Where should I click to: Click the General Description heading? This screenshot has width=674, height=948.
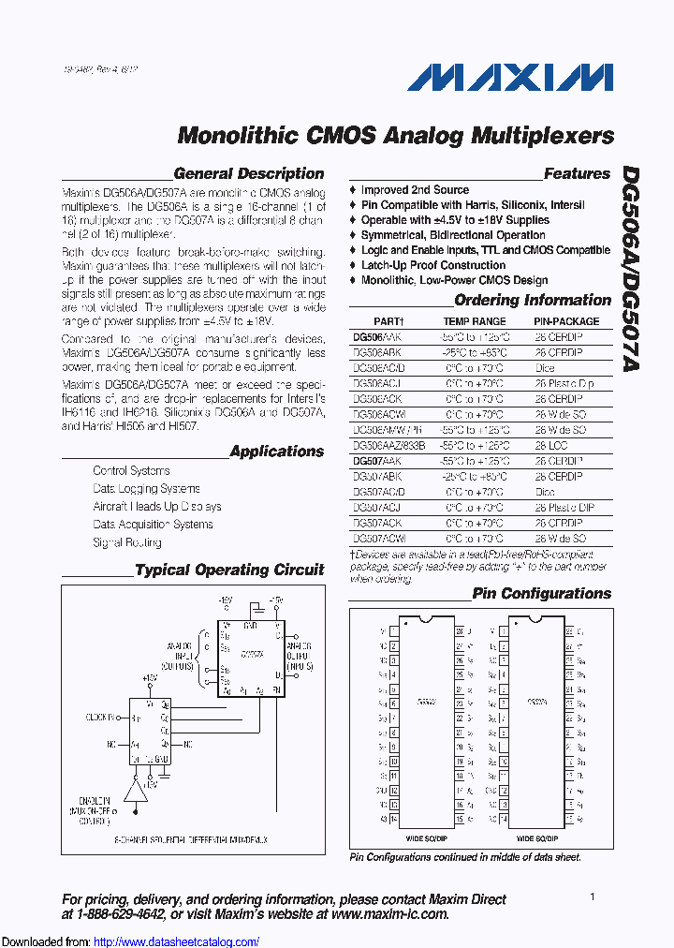249,173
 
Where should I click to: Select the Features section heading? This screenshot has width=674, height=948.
577,173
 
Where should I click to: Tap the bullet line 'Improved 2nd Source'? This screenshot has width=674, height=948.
415,190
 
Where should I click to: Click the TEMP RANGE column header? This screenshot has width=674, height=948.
476,321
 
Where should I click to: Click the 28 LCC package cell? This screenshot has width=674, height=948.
551,446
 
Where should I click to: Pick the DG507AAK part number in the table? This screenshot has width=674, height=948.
376,462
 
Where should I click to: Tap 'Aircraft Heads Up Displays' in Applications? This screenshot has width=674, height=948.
157,507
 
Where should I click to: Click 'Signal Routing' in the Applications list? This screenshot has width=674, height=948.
127,542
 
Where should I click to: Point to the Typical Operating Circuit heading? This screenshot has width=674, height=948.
229,570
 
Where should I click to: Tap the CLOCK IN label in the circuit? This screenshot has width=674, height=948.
100,718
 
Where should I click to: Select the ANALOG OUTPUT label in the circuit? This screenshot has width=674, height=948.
300,652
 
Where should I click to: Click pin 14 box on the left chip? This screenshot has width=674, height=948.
394,818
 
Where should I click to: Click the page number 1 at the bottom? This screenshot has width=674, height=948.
593,896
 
